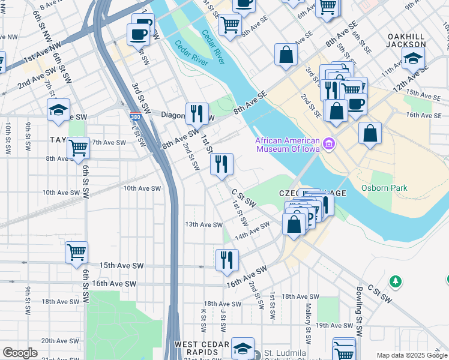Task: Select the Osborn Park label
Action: [x=384, y=188]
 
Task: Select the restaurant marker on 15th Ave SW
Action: [x=227, y=260]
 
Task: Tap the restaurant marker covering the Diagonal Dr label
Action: [x=196, y=112]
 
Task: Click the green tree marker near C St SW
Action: [x=395, y=281]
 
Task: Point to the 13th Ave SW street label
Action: [x=204, y=224]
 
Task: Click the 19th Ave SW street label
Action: [x=334, y=325]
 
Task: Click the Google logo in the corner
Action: [x=20, y=353]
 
